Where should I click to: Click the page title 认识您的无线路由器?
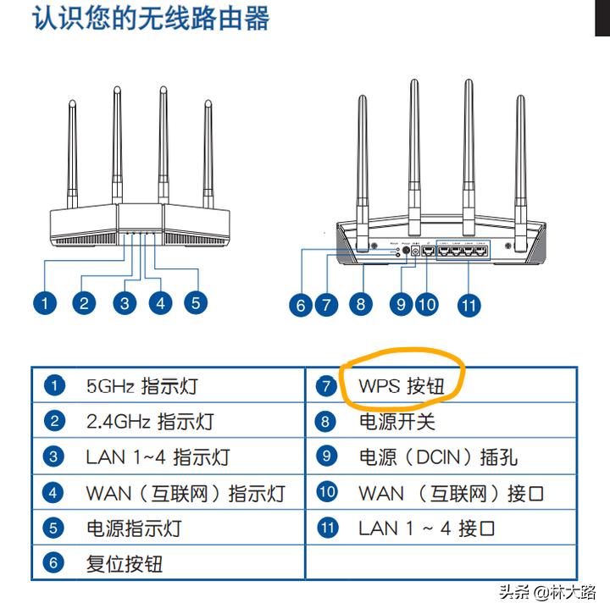[151, 19]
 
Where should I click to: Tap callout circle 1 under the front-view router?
[45, 302]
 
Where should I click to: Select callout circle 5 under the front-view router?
[196, 302]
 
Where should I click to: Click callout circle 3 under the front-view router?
[125, 302]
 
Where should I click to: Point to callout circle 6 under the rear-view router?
[300, 305]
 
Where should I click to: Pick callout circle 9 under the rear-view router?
[402, 303]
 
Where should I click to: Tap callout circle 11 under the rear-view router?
[469, 305]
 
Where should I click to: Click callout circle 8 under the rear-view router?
[361, 303]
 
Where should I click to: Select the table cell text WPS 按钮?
[401, 386]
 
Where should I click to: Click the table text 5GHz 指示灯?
[141, 386]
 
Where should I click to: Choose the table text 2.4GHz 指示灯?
[150, 422]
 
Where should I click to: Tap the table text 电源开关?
[396, 422]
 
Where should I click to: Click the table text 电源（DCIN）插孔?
[438, 457]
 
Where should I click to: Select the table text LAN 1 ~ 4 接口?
[427, 528]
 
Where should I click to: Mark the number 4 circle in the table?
[54, 492]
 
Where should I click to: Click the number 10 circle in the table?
[327, 492]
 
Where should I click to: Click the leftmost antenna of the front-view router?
[73, 152]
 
